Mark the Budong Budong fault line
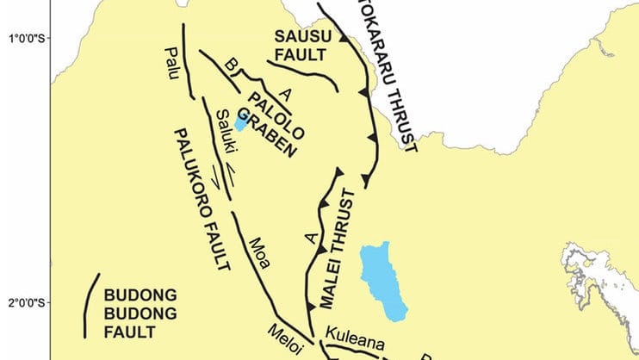(x=89, y=306)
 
